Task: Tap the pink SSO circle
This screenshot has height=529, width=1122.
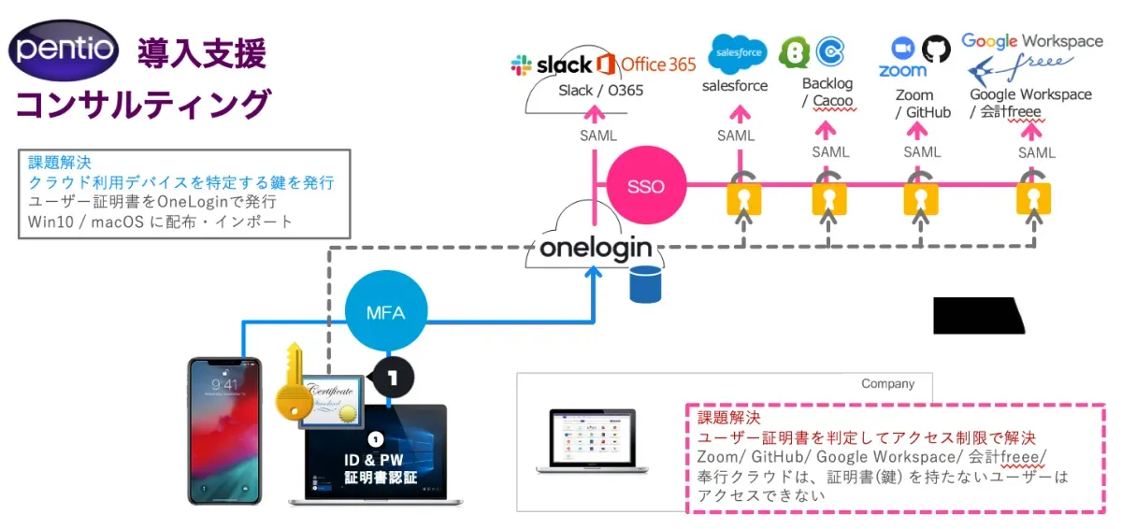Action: click(x=646, y=185)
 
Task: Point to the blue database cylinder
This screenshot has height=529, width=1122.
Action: click(x=645, y=285)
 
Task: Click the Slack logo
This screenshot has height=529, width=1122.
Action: click(x=552, y=64)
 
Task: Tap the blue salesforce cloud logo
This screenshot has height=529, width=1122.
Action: click(x=738, y=53)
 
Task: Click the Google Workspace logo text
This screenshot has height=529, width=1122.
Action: click(x=1032, y=41)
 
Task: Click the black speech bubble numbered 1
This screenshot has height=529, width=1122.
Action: click(x=393, y=378)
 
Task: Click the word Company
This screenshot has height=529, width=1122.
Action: click(x=887, y=384)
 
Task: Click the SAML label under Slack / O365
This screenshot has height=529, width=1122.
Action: click(x=597, y=136)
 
